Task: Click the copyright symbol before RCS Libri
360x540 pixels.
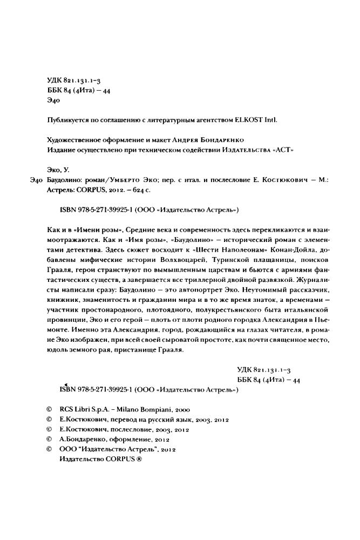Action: pyautogui.click(x=49, y=410)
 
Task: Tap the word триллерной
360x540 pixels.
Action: pyautogui.click(x=189, y=285)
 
